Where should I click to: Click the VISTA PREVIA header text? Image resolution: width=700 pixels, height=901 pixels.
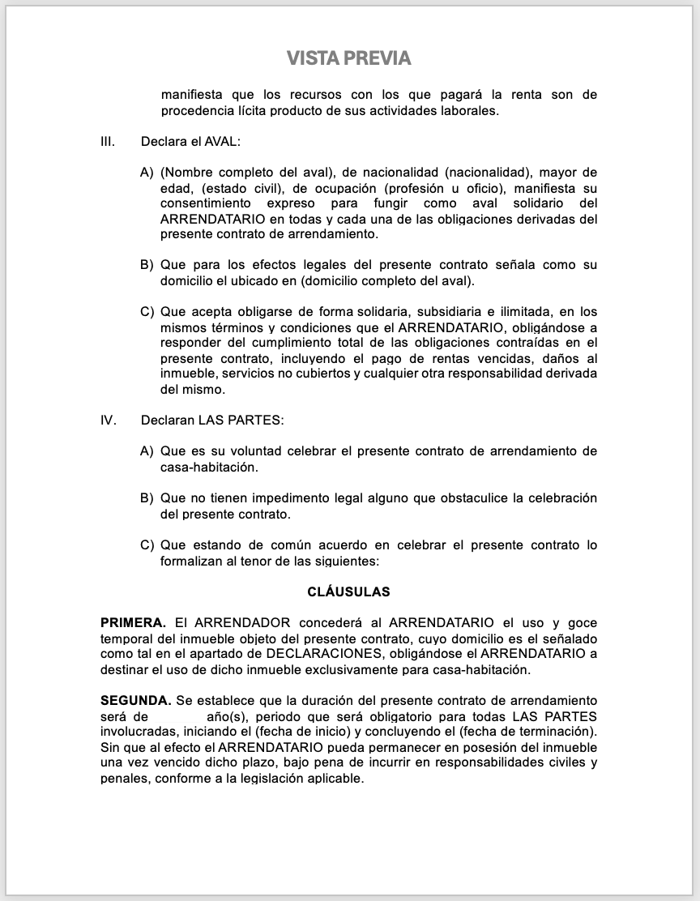point(349,58)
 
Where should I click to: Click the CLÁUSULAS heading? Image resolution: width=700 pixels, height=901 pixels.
point(349,592)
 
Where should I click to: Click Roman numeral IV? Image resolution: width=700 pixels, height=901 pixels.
point(109,421)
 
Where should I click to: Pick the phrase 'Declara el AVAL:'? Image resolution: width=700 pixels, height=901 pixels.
point(190,142)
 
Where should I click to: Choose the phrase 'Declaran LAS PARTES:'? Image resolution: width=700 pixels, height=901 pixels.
point(212,421)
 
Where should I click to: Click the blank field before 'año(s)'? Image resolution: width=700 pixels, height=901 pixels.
point(177,717)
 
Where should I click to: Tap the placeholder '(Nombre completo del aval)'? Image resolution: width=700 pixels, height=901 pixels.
point(247,173)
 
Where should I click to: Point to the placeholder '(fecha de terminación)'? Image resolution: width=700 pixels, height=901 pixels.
point(526,732)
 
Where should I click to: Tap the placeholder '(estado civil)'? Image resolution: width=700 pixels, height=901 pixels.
point(233,188)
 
